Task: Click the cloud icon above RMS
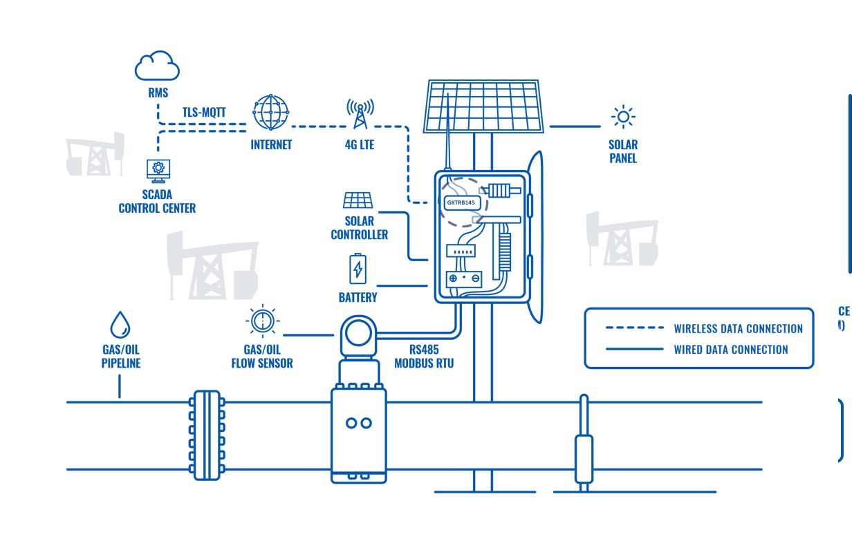[x=157, y=66]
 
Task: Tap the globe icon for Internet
[x=270, y=112]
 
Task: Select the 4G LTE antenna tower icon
[x=360, y=114]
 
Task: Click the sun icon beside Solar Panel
[x=623, y=117]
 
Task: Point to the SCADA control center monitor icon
[x=158, y=169]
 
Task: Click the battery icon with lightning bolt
[x=358, y=268]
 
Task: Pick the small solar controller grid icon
[x=358, y=200]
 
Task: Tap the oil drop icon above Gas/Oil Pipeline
[x=120, y=324]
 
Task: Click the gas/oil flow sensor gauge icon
[x=262, y=321]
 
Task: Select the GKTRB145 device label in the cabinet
[x=461, y=203]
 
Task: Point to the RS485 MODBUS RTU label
[x=424, y=357]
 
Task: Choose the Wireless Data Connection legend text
[x=738, y=329]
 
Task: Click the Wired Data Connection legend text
[x=730, y=350]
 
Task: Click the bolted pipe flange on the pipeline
[x=207, y=435]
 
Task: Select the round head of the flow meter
[x=359, y=332]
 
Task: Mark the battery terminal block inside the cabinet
[x=464, y=279]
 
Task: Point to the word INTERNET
[x=271, y=145]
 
